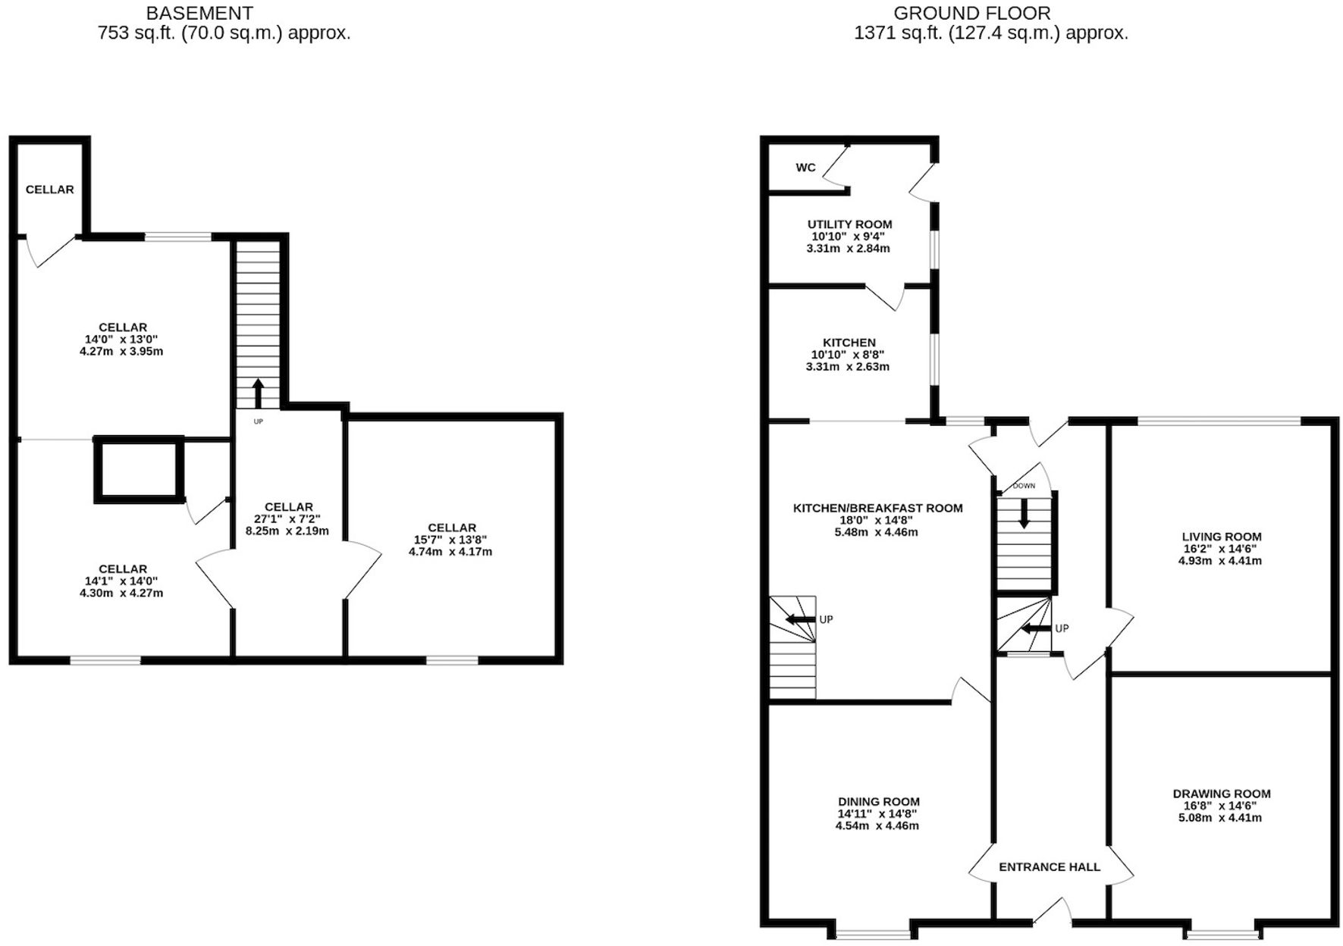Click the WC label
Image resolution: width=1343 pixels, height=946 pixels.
pyautogui.click(x=805, y=168)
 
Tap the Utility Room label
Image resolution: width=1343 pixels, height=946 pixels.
pyautogui.click(x=849, y=224)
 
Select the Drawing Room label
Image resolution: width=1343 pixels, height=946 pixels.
pyautogui.click(x=1221, y=794)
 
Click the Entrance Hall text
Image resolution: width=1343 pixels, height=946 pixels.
pyautogui.click(x=1050, y=867)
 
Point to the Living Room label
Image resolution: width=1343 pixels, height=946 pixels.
pyautogui.click(x=1221, y=537)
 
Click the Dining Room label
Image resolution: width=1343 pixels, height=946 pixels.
pyautogui.click(x=878, y=801)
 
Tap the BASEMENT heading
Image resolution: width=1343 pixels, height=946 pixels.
pyautogui.click(x=199, y=13)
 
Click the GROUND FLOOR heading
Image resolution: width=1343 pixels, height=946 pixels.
pyautogui.click(x=972, y=13)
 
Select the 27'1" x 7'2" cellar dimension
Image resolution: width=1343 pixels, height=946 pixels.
pyautogui.click(x=288, y=519)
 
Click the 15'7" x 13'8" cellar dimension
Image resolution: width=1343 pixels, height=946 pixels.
pyautogui.click(x=451, y=540)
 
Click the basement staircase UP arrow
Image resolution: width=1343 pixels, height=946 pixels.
pyautogui.click(x=258, y=393)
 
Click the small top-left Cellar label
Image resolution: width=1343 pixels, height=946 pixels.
pyautogui.click(x=49, y=190)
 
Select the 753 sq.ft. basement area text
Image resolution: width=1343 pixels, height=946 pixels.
pyautogui.click(x=224, y=33)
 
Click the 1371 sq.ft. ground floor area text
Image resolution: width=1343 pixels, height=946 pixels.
pyautogui.click(x=990, y=33)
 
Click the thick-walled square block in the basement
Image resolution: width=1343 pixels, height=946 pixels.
pyautogui.click(x=139, y=470)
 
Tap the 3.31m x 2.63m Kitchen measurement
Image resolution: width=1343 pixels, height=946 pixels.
pyautogui.click(x=848, y=367)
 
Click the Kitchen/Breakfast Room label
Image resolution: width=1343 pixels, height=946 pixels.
pyautogui.click(x=877, y=508)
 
